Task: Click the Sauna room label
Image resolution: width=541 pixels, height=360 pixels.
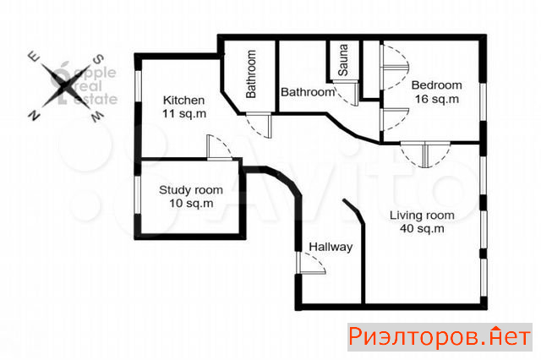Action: (343, 60)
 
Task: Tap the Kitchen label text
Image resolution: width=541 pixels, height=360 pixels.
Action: (183, 101)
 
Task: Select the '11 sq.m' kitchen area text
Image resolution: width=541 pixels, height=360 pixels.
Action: (184, 113)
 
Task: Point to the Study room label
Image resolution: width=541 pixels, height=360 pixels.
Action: (191, 190)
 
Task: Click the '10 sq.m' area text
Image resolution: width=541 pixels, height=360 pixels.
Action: (191, 203)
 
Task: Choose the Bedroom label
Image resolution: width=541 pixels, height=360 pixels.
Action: (436, 85)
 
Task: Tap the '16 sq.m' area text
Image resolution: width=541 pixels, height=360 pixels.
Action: (437, 99)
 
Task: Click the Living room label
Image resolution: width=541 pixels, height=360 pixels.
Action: (422, 215)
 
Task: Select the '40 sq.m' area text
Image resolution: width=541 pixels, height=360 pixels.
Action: (422, 228)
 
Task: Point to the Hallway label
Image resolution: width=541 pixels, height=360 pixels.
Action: (331, 247)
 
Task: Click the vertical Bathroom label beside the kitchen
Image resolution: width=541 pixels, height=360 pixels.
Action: (251, 74)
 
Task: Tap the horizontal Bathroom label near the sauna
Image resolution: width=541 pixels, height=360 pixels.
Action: (308, 92)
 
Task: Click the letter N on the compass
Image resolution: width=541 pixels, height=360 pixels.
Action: (34, 115)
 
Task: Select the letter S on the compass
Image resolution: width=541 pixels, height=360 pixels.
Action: (99, 59)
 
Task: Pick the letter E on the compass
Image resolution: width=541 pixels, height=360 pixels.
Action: (34, 57)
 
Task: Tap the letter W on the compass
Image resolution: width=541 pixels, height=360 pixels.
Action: (97, 117)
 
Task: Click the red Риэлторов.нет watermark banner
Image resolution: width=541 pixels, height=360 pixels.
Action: (440, 337)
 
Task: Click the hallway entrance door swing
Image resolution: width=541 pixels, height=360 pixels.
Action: (311, 263)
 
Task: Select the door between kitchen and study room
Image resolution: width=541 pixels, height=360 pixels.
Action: (220, 147)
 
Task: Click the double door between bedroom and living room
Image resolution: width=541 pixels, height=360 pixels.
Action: (425, 155)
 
